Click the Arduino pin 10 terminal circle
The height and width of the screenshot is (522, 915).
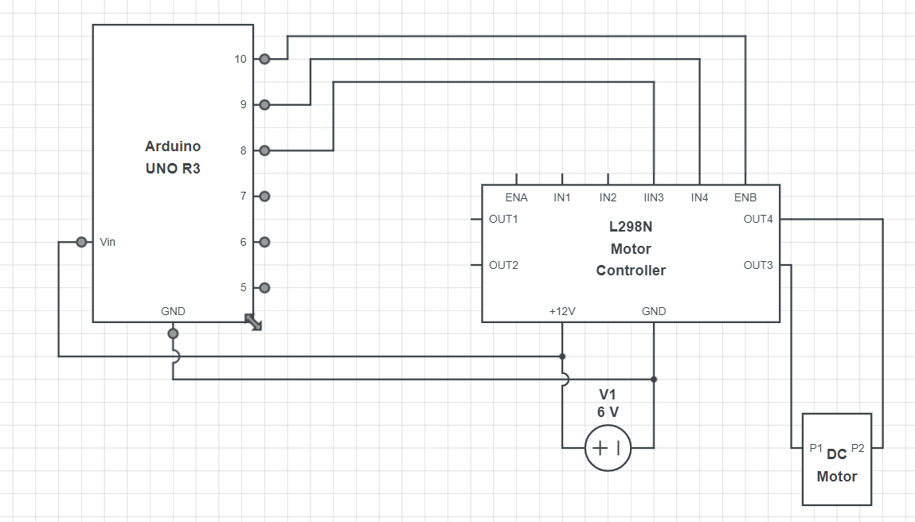pos(264,59)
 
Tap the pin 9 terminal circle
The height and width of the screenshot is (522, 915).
pos(264,104)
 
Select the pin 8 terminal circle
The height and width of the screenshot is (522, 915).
pos(264,150)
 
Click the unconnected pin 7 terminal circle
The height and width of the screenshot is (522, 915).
pos(264,196)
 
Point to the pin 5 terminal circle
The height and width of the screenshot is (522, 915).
pos(264,287)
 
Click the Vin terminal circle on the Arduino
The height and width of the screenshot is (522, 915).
pos(81,242)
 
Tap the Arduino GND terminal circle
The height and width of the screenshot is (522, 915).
pos(173,333)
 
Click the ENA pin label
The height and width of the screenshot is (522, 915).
pos(517,197)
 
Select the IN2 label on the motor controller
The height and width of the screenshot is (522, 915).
pos(608,197)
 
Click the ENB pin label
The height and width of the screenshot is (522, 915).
pos(745,197)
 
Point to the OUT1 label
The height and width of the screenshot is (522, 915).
pos(503,220)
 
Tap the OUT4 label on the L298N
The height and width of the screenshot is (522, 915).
pos(758,220)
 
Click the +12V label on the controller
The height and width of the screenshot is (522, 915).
pos(562,311)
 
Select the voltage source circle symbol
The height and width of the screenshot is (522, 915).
pos(608,448)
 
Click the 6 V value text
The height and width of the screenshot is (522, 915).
pos(608,412)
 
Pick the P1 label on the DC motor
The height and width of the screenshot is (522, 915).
pos(815,449)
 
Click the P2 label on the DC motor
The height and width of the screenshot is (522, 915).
pos(858,449)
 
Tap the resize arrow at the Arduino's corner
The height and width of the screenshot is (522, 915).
pos(253,322)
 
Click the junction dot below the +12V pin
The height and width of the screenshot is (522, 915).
pos(562,356)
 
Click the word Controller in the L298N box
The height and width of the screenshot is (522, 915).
pos(631,271)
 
